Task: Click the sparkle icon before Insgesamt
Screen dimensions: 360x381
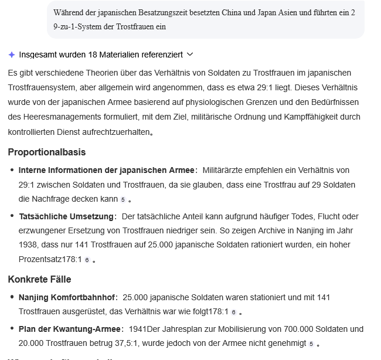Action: pyautogui.click(x=12, y=55)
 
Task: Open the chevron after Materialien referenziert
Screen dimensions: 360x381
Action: pyautogui.click(x=189, y=55)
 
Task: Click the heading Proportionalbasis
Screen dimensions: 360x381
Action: pyautogui.click(x=47, y=152)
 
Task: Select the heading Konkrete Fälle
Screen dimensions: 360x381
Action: pyautogui.click(x=40, y=279)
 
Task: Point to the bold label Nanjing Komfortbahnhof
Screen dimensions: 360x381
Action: pyautogui.click(x=68, y=297)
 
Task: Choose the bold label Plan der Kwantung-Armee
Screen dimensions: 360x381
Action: pyautogui.click(x=70, y=329)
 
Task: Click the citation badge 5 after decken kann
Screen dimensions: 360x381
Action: pyautogui.click(x=122, y=200)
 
